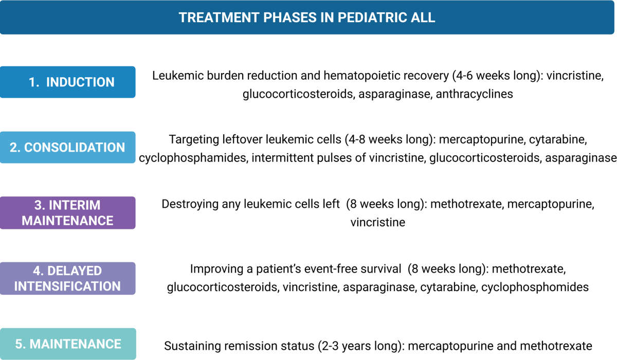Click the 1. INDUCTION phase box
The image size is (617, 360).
coord(67,82)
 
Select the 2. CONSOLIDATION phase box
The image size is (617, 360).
coord(67,148)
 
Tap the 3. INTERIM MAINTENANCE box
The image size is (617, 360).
coord(67,212)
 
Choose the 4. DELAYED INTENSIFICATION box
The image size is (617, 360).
coord(67,278)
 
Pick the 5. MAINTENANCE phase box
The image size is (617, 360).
coord(68,344)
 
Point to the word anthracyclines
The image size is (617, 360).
coord(474,94)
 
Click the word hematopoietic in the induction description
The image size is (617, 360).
coord(386,76)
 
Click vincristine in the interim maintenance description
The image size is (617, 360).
coord(377,222)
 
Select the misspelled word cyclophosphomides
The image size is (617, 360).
coord(535,287)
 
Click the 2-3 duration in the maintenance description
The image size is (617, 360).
coord(329,346)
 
